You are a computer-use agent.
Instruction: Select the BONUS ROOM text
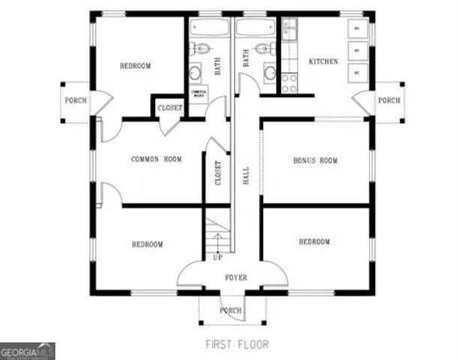(x=315, y=160)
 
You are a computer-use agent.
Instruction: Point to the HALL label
(x=247, y=175)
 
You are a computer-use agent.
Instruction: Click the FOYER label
(x=235, y=277)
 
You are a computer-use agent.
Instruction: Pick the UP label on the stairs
(x=217, y=257)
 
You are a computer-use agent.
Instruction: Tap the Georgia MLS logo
(x=27, y=350)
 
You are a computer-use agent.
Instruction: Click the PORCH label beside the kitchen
(x=388, y=100)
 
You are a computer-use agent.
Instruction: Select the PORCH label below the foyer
(x=230, y=310)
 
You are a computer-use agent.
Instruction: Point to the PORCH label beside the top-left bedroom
(x=74, y=100)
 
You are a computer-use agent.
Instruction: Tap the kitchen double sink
(x=289, y=31)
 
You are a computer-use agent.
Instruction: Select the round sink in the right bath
(x=269, y=73)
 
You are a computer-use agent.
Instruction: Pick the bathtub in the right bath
(x=257, y=28)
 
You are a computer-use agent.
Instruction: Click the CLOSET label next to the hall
(x=218, y=173)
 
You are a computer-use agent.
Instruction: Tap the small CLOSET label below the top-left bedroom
(x=169, y=108)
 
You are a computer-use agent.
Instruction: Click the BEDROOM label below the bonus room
(x=314, y=241)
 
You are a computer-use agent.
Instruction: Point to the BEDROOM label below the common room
(x=148, y=244)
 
